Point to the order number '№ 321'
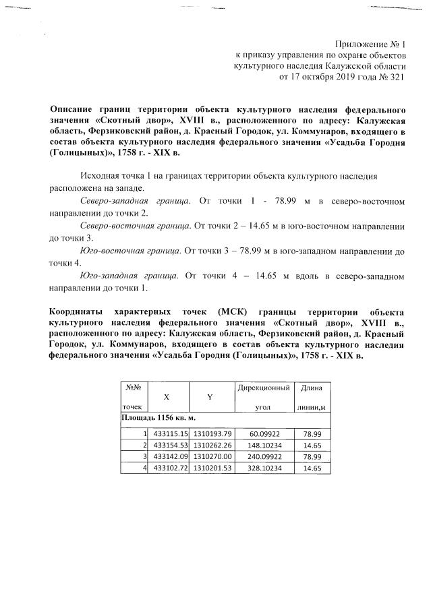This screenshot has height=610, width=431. pos(393,77)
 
